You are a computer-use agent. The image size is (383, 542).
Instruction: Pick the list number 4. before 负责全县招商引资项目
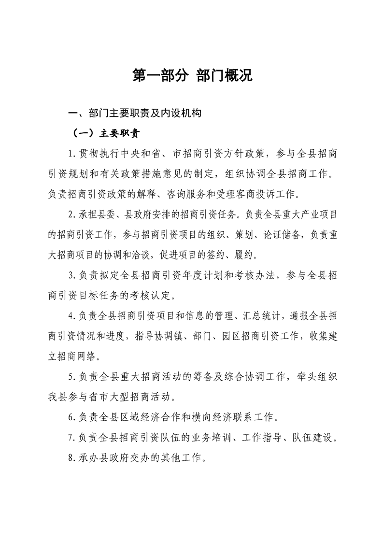click(72, 316)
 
